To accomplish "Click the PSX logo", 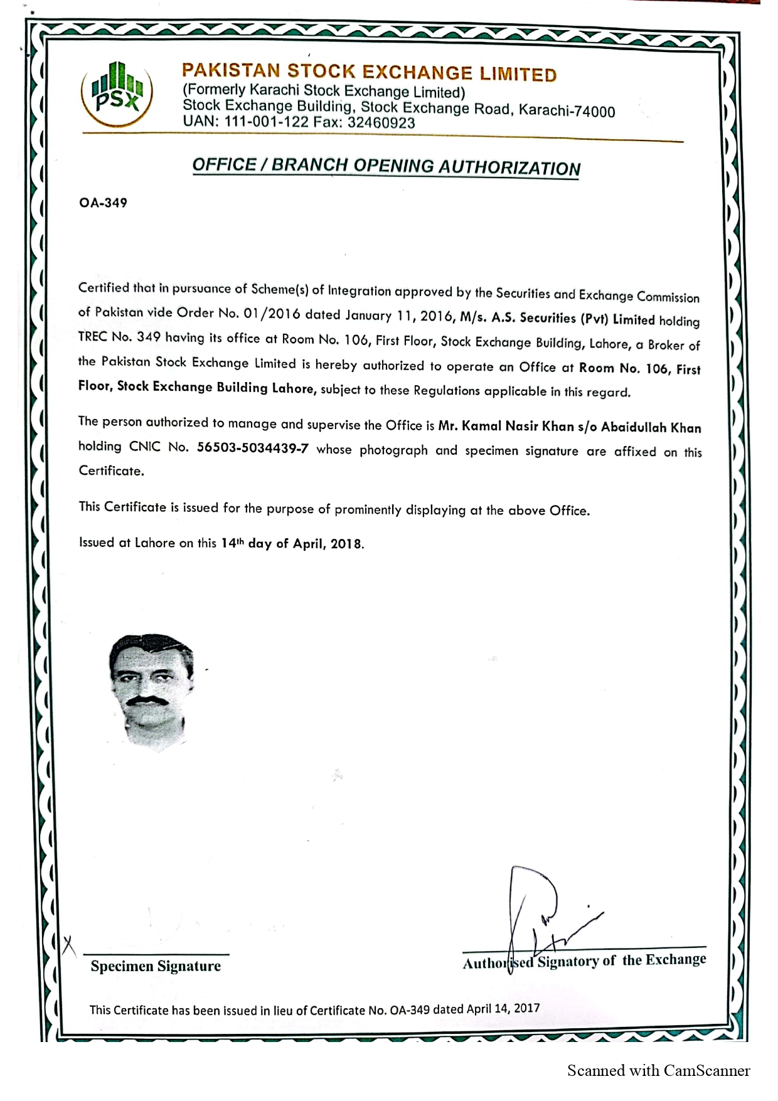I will point(117,93).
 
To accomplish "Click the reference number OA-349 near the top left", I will point(103,203).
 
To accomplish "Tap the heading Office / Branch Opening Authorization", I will point(386,166).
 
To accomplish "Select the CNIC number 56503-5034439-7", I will point(252,449).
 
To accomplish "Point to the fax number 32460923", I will point(381,123).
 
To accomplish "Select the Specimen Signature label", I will point(156,966).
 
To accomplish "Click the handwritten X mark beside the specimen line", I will point(69,944).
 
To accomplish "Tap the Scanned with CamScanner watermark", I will point(658,1070).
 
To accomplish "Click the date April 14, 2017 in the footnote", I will point(503,1008).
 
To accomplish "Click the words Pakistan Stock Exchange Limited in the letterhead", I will point(369,72).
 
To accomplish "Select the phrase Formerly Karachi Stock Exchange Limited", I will point(323,92).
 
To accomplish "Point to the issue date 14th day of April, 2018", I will point(292,543).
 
